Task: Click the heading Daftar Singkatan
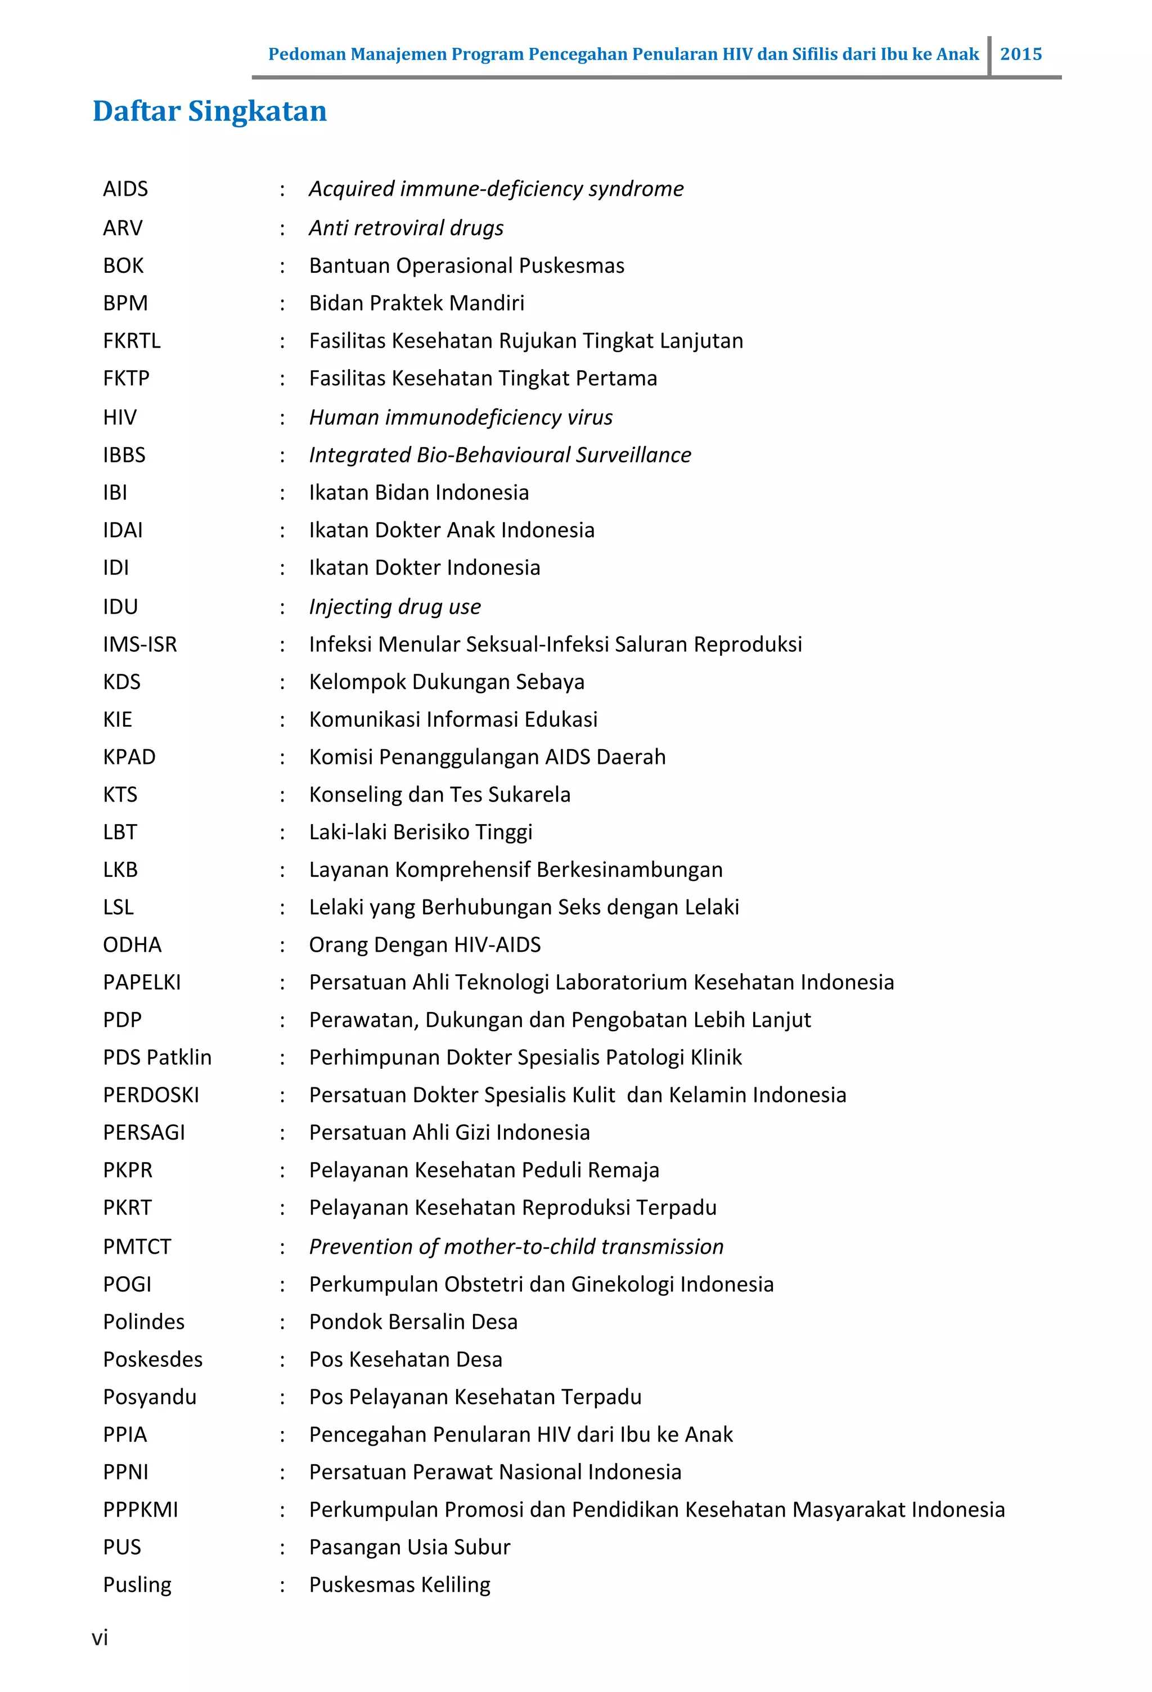210,111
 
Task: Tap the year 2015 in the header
1020,54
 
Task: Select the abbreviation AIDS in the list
125,190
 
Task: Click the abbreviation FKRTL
131,341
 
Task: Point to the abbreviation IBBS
124,455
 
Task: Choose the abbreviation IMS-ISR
140,644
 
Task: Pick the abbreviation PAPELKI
141,982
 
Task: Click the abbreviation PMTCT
137,1246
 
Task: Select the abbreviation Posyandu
149,1397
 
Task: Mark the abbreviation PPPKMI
140,1509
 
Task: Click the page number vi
100,1637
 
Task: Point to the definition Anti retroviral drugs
406,228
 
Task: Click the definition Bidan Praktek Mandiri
416,303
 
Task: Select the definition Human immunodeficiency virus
460,417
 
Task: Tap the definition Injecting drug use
395,606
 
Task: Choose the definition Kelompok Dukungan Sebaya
447,682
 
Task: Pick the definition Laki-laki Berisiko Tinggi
420,832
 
